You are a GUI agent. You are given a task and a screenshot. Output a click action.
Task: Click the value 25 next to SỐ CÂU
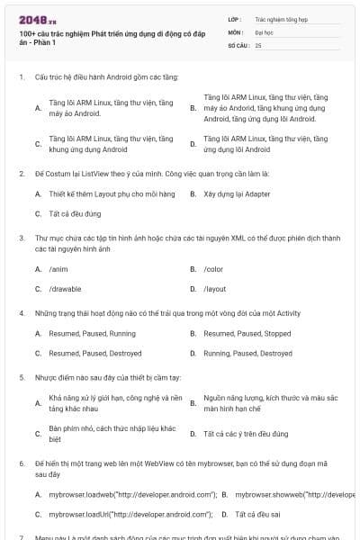[258, 44]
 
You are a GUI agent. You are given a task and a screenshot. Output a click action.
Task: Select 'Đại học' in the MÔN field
[265, 31]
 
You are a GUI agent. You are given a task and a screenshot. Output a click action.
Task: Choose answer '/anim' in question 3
[58, 269]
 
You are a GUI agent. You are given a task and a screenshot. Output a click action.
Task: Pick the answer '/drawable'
[65, 289]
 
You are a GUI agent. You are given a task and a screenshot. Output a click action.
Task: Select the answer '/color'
[213, 269]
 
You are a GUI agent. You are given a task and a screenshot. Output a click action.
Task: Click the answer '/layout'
[214, 289]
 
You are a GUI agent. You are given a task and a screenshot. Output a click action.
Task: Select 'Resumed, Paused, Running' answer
[86, 334]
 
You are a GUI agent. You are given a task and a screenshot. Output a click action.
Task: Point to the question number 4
[21, 314]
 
